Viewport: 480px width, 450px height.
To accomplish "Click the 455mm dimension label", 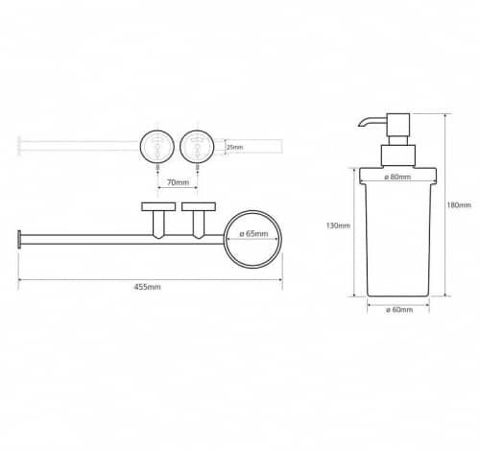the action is [x=147, y=287].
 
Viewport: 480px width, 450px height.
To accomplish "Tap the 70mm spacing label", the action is [x=178, y=182].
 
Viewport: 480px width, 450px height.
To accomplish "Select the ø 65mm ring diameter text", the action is [x=253, y=233].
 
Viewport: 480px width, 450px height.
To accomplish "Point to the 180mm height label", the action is [x=459, y=204].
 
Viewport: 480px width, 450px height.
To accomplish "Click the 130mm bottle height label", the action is [x=338, y=225].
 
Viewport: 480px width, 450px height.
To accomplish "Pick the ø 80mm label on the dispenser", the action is [x=397, y=177].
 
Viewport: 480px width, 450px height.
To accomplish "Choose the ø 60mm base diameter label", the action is [x=399, y=310].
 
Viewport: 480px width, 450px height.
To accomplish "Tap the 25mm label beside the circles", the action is [x=234, y=147].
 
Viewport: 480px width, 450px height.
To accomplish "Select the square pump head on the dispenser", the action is [x=398, y=125].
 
